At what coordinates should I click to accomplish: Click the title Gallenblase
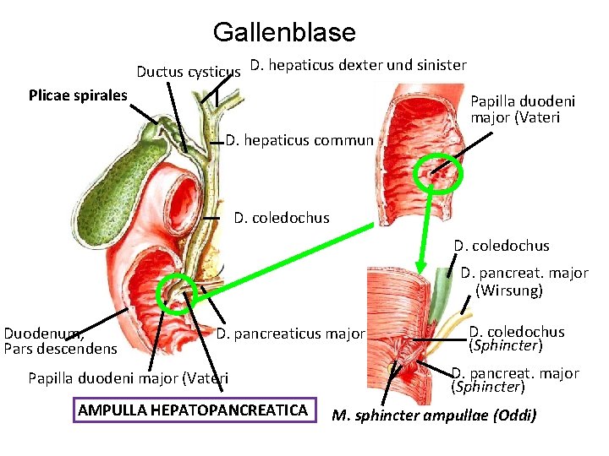(x=284, y=33)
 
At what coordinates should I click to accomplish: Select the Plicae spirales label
(x=78, y=95)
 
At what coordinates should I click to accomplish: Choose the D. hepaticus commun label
(x=299, y=140)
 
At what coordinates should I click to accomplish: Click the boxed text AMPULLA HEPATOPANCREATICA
(x=193, y=410)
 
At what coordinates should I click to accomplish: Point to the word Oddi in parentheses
(x=515, y=416)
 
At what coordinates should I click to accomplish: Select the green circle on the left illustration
(x=178, y=293)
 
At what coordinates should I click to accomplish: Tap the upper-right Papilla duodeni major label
(x=522, y=109)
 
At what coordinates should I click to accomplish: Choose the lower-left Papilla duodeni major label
(x=128, y=377)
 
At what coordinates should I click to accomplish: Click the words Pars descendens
(x=60, y=348)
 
